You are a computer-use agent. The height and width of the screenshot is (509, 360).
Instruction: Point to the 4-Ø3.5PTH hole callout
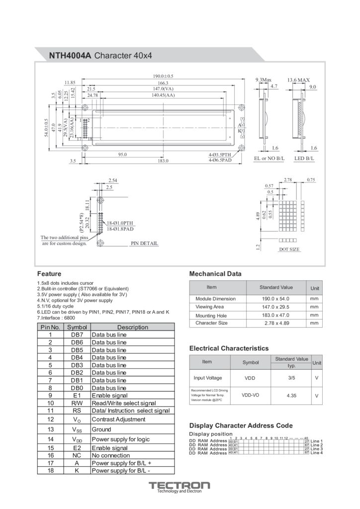220,155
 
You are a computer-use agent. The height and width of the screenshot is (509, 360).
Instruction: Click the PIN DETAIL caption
144,244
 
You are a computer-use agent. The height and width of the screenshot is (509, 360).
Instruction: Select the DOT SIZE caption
289,249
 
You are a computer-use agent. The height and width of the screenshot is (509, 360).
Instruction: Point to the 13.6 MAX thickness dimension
298,80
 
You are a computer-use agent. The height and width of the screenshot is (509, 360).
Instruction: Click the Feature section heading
49,274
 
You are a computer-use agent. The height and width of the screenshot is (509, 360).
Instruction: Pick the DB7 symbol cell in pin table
77,335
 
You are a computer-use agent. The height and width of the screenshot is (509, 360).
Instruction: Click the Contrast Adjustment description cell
118,419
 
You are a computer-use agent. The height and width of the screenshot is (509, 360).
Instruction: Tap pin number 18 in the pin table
50,470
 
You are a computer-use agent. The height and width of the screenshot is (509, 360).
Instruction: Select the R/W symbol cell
77,403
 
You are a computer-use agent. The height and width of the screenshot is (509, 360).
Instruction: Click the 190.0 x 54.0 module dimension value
275,299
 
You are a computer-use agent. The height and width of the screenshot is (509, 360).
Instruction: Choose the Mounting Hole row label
211,315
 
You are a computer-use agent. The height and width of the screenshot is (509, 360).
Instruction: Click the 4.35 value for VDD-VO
291,396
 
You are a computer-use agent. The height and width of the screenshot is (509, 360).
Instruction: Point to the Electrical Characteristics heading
229,348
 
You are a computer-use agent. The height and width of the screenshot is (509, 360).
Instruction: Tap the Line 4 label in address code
316,453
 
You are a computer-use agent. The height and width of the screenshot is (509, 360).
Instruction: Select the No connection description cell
110,455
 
